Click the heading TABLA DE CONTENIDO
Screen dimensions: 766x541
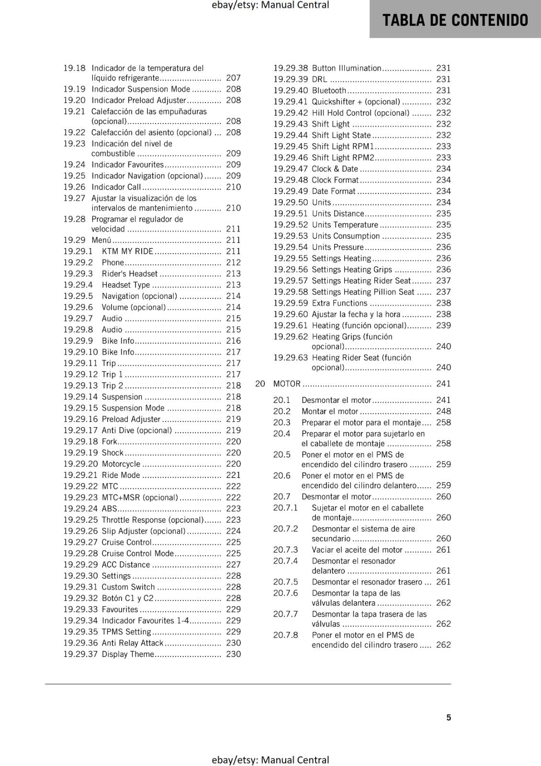tap(455, 20)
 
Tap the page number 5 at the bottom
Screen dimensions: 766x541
tap(449, 717)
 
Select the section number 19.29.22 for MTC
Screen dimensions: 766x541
tap(80, 486)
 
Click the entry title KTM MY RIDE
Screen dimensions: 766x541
tap(127, 251)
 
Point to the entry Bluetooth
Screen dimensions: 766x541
tap(329, 90)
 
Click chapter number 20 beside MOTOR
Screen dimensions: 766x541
tap(260, 383)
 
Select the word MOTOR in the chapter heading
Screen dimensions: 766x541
tap(287, 383)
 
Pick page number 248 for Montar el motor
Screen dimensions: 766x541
tap(443, 411)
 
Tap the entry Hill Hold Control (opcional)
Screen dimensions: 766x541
tap(361, 113)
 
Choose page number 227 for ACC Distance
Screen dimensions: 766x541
tap(233, 565)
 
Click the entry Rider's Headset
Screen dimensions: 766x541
tap(129, 274)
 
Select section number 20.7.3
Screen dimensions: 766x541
tap(285, 550)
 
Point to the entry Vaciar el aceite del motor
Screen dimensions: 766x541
tap(357, 550)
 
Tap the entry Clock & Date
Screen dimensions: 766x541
tap(335, 169)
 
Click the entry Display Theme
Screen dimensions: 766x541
tap(128, 654)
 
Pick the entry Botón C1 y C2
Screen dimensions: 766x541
tap(127, 598)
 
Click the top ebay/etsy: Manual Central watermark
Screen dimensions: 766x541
tap(270, 5)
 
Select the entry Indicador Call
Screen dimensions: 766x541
tap(116, 187)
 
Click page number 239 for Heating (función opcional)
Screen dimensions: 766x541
tap(443, 326)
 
